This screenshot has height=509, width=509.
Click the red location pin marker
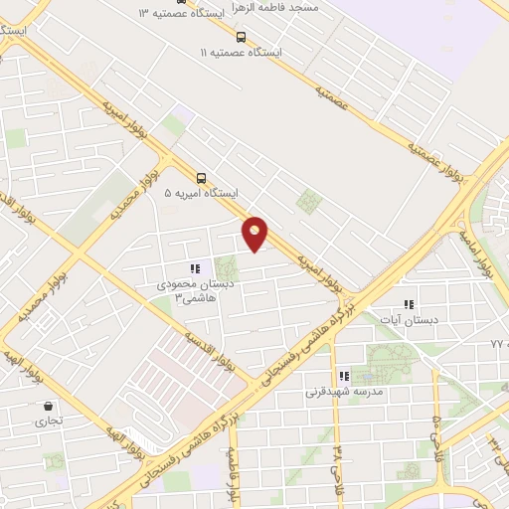click(x=255, y=234)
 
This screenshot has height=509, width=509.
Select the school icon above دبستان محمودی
click(x=195, y=267)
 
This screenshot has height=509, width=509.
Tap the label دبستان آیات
click(x=408, y=319)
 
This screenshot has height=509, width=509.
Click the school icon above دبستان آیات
click(x=408, y=304)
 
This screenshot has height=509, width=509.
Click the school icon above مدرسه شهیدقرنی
click(x=343, y=377)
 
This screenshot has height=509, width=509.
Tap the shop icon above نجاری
click(x=48, y=406)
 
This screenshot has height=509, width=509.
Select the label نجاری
click(x=49, y=421)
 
